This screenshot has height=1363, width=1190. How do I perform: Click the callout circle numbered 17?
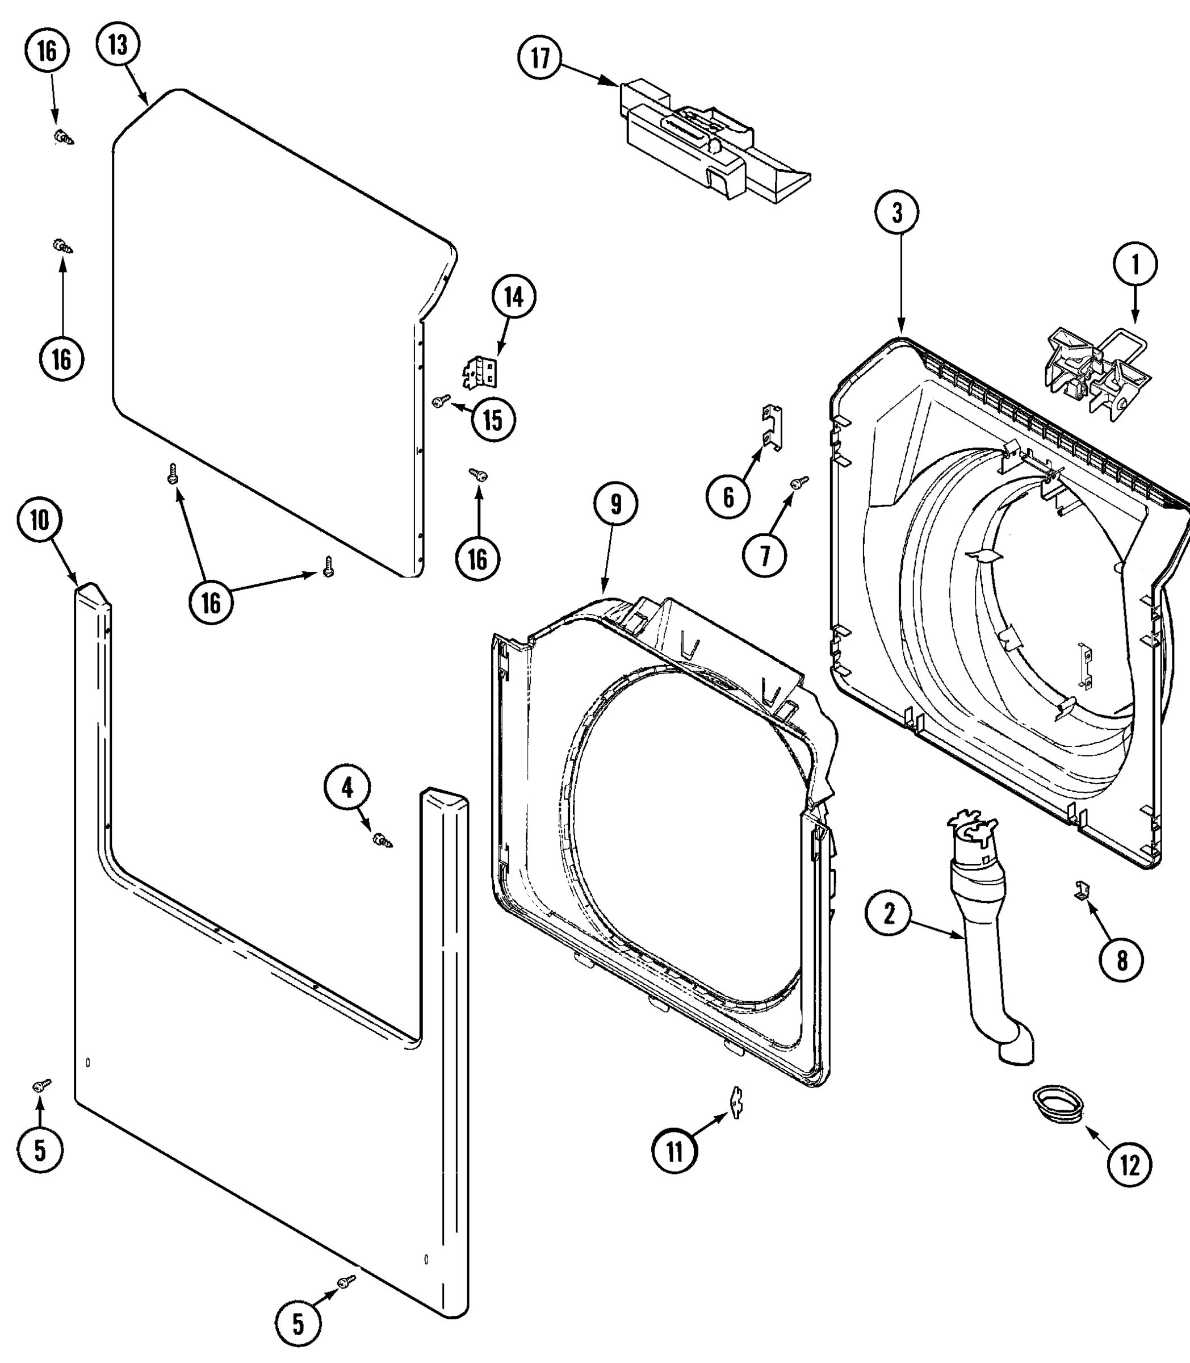(540, 58)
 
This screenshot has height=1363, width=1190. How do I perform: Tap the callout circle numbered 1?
(1135, 264)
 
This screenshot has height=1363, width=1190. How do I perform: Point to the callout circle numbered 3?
(897, 212)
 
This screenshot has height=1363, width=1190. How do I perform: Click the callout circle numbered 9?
(615, 504)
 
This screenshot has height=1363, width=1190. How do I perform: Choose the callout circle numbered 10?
(40, 520)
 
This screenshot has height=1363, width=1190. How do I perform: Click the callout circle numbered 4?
(347, 788)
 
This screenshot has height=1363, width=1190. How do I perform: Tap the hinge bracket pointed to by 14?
(480, 373)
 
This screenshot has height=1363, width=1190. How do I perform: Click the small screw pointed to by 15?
(441, 400)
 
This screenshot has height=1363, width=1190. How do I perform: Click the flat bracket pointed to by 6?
(772, 427)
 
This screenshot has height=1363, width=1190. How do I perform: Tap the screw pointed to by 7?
(799, 482)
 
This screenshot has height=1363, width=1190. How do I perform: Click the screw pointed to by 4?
(383, 841)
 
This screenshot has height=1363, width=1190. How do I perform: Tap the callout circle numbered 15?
(493, 420)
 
